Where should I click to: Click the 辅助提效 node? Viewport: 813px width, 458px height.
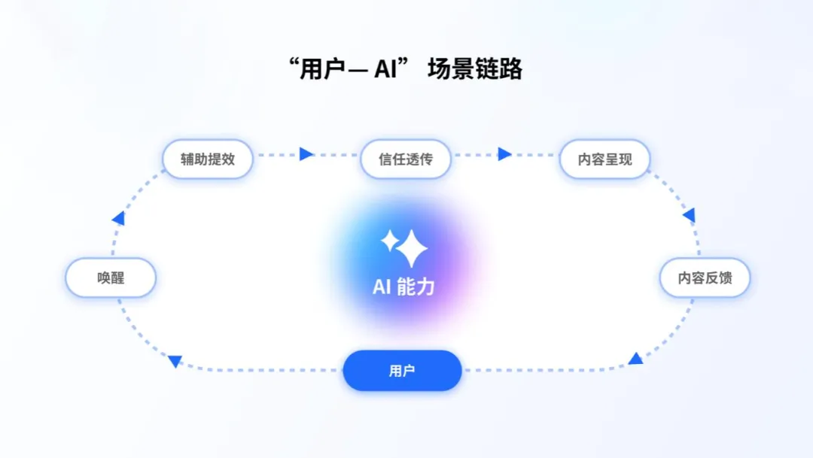pos(207,159)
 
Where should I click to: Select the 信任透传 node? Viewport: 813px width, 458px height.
pos(406,159)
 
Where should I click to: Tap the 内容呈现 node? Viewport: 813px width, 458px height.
pos(604,159)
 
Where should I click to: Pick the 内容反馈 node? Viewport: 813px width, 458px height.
pos(705,278)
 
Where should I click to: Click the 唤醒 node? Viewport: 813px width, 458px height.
pos(111,278)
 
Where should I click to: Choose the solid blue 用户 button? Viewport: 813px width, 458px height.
pos(402,371)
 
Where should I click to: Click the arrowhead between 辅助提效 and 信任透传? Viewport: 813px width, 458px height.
pos(306,154)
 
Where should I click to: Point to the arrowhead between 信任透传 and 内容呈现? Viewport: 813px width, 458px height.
pos(504,154)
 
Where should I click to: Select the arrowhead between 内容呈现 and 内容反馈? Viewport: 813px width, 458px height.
pos(689,216)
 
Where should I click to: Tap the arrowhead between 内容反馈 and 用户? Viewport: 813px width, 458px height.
pos(636,359)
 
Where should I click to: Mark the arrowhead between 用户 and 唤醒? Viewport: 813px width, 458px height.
pos(175,361)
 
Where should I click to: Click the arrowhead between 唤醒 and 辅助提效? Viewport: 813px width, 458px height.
pos(118,218)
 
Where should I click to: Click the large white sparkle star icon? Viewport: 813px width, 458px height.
pos(412,249)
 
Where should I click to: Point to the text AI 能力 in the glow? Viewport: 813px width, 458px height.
pos(403,287)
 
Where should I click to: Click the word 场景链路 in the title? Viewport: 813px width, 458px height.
pos(475,70)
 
